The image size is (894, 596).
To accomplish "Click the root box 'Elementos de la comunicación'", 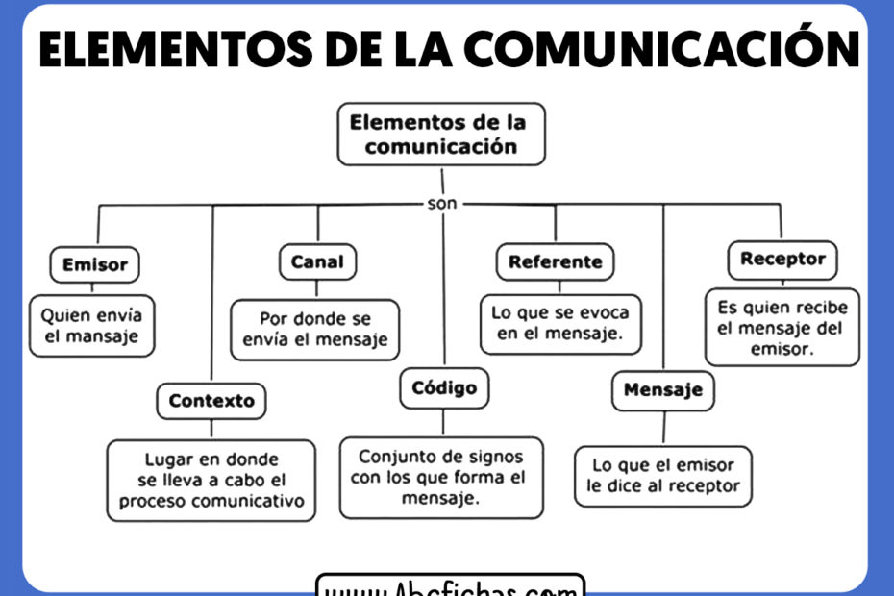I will (441, 135).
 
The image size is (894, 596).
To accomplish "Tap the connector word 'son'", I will (442, 204).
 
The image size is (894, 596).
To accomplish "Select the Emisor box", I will (94, 264).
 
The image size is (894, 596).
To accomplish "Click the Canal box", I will (316, 261).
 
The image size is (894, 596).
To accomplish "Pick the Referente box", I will (555, 261).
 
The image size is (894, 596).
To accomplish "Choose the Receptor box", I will (782, 259).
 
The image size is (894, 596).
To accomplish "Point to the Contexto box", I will (211, 401).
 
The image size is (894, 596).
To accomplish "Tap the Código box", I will (444, 388).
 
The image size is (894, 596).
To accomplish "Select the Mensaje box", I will (663, 390).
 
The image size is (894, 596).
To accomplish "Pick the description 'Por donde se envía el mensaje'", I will (315, 329).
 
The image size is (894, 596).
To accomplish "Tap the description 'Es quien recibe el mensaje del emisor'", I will (782, 328).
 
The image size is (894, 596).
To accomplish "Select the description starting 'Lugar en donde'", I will (211, 481).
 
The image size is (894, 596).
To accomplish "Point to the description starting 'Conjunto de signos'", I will (441, 478).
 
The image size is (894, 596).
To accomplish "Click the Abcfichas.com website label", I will (450, 585).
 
